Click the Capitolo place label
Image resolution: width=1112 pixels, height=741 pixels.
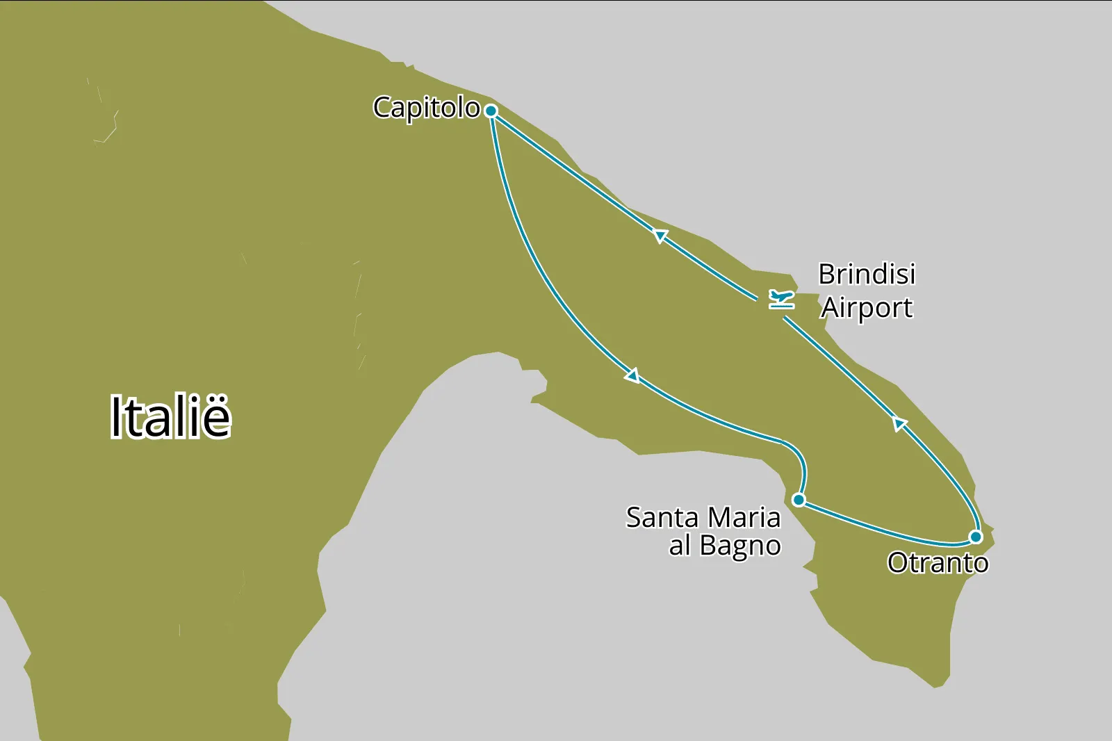pyautogui.click(x=426, y=108)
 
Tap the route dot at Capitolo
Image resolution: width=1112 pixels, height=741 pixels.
pyautogui.click(x=491, y=111)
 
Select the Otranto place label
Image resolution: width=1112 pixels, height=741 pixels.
pyautogui.click(x=938, y=562)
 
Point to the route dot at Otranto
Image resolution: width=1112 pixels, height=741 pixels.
pyautogui.click(x=976, y=537)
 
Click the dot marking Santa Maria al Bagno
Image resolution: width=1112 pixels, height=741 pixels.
pyautogui.click(x=799, y=500)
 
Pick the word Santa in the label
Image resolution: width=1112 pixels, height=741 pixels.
pyautogui.click(x=662, y=518)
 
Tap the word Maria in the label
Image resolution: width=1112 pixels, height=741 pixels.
pyautogui.click(x=744, y=518)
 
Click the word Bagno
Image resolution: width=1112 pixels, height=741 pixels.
pyautogui.click(x=740, y=546)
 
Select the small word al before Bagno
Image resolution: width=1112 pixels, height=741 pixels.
pyautogui.click(x=680, y=546)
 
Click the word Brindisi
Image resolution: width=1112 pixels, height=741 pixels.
pyautogui.click(x=867, y=274)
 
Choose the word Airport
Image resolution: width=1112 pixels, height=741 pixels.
pyautogui.click(x=867, y=307)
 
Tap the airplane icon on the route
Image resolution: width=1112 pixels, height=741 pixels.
pyautogui.click(x=782, y=300)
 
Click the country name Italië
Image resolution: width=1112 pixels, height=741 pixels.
pyautogui.click(x=170, y=417)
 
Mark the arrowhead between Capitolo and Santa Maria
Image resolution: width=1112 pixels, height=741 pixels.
pyautogui.click(x=632, y=376)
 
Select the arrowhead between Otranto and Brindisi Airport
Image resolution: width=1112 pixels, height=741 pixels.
pyautogui.click(x=899, y=423)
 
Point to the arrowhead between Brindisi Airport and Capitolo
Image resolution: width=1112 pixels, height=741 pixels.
pyautogui.click(x=660, y=236)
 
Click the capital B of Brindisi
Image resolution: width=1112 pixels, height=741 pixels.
pyautogui.click(x=826, y=274)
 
